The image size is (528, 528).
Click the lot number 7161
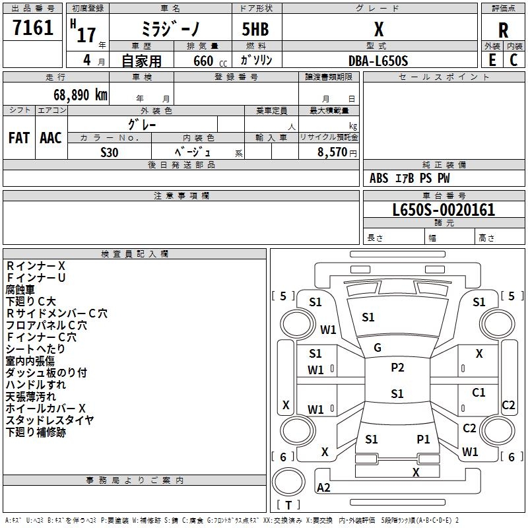click(33, 28)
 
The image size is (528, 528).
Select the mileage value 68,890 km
click(81, 95)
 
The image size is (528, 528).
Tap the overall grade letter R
click(503, 30)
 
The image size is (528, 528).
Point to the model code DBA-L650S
click(378, 61)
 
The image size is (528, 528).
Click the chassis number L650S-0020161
click(444, 210)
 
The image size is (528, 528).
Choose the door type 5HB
click(255, 29)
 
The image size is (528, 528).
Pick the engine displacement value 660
click(203, 61)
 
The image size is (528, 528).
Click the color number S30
click(110, 152)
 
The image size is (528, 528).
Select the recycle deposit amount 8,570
click(332, 152)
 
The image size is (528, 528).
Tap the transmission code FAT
click(19, 138)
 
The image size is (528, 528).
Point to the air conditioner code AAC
click(51, 138)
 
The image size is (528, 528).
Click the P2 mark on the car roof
click(397, 368)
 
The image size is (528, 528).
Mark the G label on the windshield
click(378, 348)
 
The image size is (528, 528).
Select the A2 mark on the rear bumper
click(323, 487)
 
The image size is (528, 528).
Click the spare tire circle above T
click(288, 482)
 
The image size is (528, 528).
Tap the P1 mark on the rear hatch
click(423, 439)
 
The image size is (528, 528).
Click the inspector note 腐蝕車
click(20, 290)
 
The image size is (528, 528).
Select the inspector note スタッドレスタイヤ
click(49, 420)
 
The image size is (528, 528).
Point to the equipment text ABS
click(379, 178)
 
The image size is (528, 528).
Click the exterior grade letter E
click(492, 60)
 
